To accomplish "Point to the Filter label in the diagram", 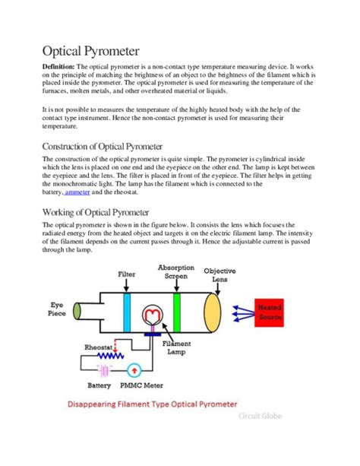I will pos(127,273).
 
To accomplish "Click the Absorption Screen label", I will pos(175,273).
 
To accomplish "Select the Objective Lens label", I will pos(222,275).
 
